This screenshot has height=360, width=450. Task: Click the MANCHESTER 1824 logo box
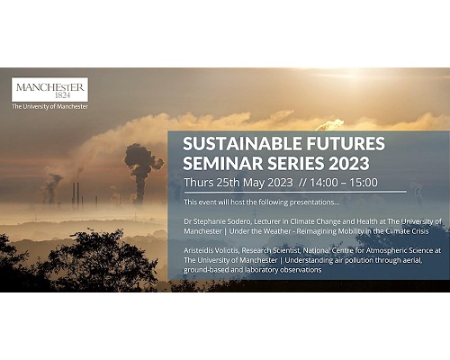(49, 89)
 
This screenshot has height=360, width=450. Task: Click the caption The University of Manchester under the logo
(49, 106)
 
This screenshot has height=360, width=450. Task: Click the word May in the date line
(254, 183)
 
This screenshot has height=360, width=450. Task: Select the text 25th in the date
(228, 183)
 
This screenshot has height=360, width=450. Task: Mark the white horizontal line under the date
(295, 192)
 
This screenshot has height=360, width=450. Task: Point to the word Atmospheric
(384, 250)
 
